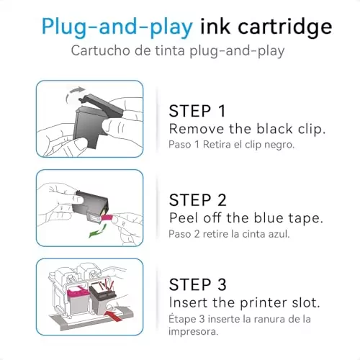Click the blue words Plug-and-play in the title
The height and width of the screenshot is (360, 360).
pyautogui.click(x=116, y=27)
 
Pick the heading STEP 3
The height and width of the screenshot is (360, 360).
pyautogui.click(x=197, y=284)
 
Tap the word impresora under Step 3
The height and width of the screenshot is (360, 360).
pyautogui.click(x=192, y=333)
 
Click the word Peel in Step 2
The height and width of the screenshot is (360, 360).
pyautogui.click(x=184, y=217)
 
